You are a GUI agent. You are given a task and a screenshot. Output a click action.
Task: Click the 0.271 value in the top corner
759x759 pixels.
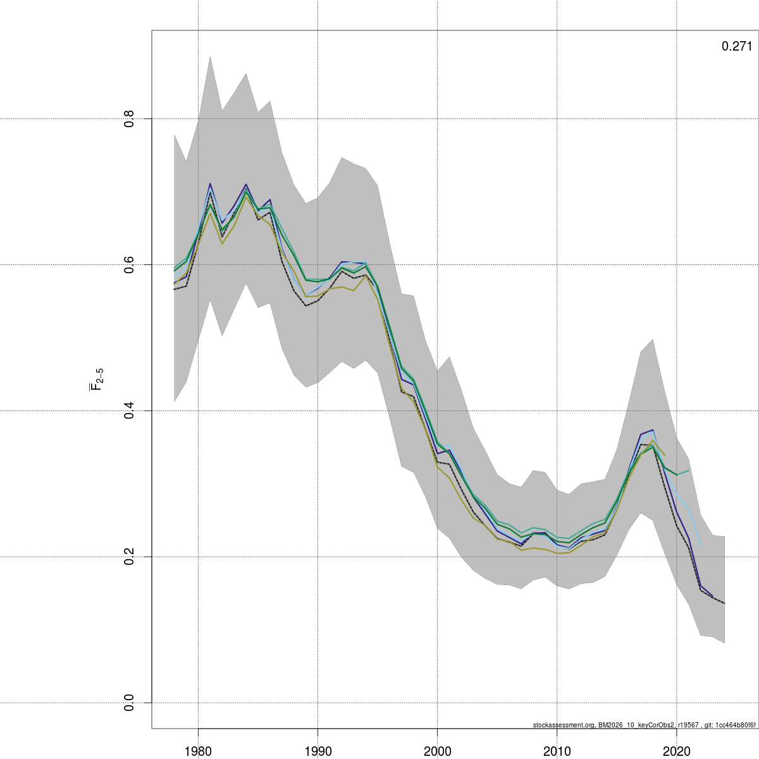coord(737,46)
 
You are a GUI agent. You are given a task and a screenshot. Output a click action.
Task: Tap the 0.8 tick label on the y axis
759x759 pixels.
coord(129,119)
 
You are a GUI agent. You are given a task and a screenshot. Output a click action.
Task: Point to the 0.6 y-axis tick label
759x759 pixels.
coord(129,265)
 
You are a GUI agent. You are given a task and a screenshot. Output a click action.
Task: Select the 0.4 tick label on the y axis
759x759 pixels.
coord(129,411)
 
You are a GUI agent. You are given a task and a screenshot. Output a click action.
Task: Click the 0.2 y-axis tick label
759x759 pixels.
coord(129,557)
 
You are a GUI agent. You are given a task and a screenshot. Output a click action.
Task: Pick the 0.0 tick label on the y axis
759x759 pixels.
coord(129,703)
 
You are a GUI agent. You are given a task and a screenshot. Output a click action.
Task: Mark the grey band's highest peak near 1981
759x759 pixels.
coord(210,56)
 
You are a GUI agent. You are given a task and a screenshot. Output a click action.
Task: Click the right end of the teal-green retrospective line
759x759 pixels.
coord(689,470)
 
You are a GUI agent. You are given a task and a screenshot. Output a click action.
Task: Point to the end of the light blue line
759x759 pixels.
coord(701,544)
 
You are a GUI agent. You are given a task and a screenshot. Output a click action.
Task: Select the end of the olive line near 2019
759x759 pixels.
coord(665,455)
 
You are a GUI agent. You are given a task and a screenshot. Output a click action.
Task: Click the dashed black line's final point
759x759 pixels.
coord(724,603)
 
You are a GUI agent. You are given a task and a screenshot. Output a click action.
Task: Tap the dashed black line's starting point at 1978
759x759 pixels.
coord(174,289)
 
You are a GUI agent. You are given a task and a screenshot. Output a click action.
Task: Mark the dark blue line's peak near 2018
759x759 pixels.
coord(653,429)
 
